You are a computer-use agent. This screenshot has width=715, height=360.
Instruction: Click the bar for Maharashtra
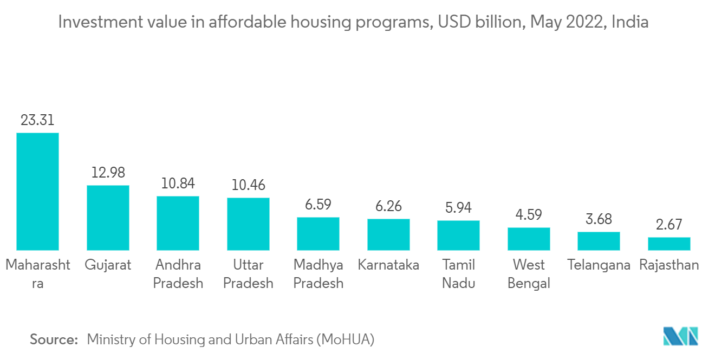[x=37, y=191]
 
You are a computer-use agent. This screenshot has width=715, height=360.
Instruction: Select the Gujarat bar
[x=108, y=218]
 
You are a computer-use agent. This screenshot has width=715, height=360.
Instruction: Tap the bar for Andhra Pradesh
[x=178, y=223]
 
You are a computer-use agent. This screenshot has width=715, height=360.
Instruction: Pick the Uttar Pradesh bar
[x=248, y=224]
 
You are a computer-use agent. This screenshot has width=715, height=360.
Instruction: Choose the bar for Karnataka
[x=388, y=234]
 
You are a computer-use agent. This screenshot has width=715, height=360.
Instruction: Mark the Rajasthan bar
[x=669, y=244]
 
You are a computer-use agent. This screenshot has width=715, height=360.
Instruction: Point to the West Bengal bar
[x=529, y=239]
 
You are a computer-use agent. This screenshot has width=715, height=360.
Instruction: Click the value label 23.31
[x=37, y=120]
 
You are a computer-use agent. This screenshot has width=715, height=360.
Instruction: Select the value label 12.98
[x=108, y=173]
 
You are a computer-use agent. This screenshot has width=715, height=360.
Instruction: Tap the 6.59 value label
[x=318, y=205]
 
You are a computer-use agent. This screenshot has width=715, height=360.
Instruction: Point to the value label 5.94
[x=458, y=208]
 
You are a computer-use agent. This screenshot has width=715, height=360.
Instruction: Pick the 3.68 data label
[x=599, y=219]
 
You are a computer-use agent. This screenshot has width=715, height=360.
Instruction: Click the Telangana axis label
[x=599, y=265]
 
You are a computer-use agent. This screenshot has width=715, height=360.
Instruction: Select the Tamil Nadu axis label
[x=458, y=274]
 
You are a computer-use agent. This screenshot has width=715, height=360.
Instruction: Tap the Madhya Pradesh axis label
[x=318, y=274]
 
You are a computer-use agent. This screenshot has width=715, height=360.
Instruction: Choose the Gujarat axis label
[x=108, y=265]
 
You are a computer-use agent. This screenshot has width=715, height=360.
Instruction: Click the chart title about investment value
[x=353, y=23]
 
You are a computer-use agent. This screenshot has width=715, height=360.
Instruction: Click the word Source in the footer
[x=54, y=340]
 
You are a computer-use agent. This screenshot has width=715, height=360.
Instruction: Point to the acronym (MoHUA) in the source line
[x=347, y=340]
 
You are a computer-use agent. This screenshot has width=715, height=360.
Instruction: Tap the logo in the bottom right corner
[x=681, y=336]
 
